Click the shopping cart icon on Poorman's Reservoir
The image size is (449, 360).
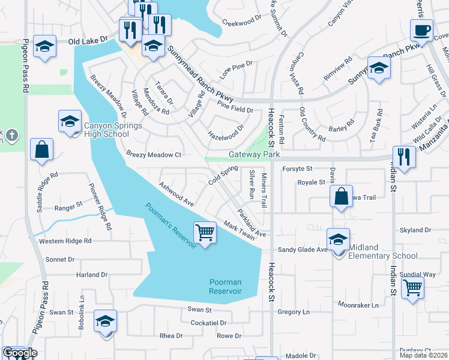205,232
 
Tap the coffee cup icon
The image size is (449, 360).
421,29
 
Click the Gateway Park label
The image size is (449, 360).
255,154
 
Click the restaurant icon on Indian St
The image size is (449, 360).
404,157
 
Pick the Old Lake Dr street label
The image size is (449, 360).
88,40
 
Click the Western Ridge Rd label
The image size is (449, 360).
65,241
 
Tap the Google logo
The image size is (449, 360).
19,353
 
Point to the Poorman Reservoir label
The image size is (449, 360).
225,286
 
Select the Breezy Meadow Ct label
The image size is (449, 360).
154,154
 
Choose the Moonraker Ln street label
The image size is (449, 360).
358,305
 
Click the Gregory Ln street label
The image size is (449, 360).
294,312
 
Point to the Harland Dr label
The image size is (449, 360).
91,275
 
